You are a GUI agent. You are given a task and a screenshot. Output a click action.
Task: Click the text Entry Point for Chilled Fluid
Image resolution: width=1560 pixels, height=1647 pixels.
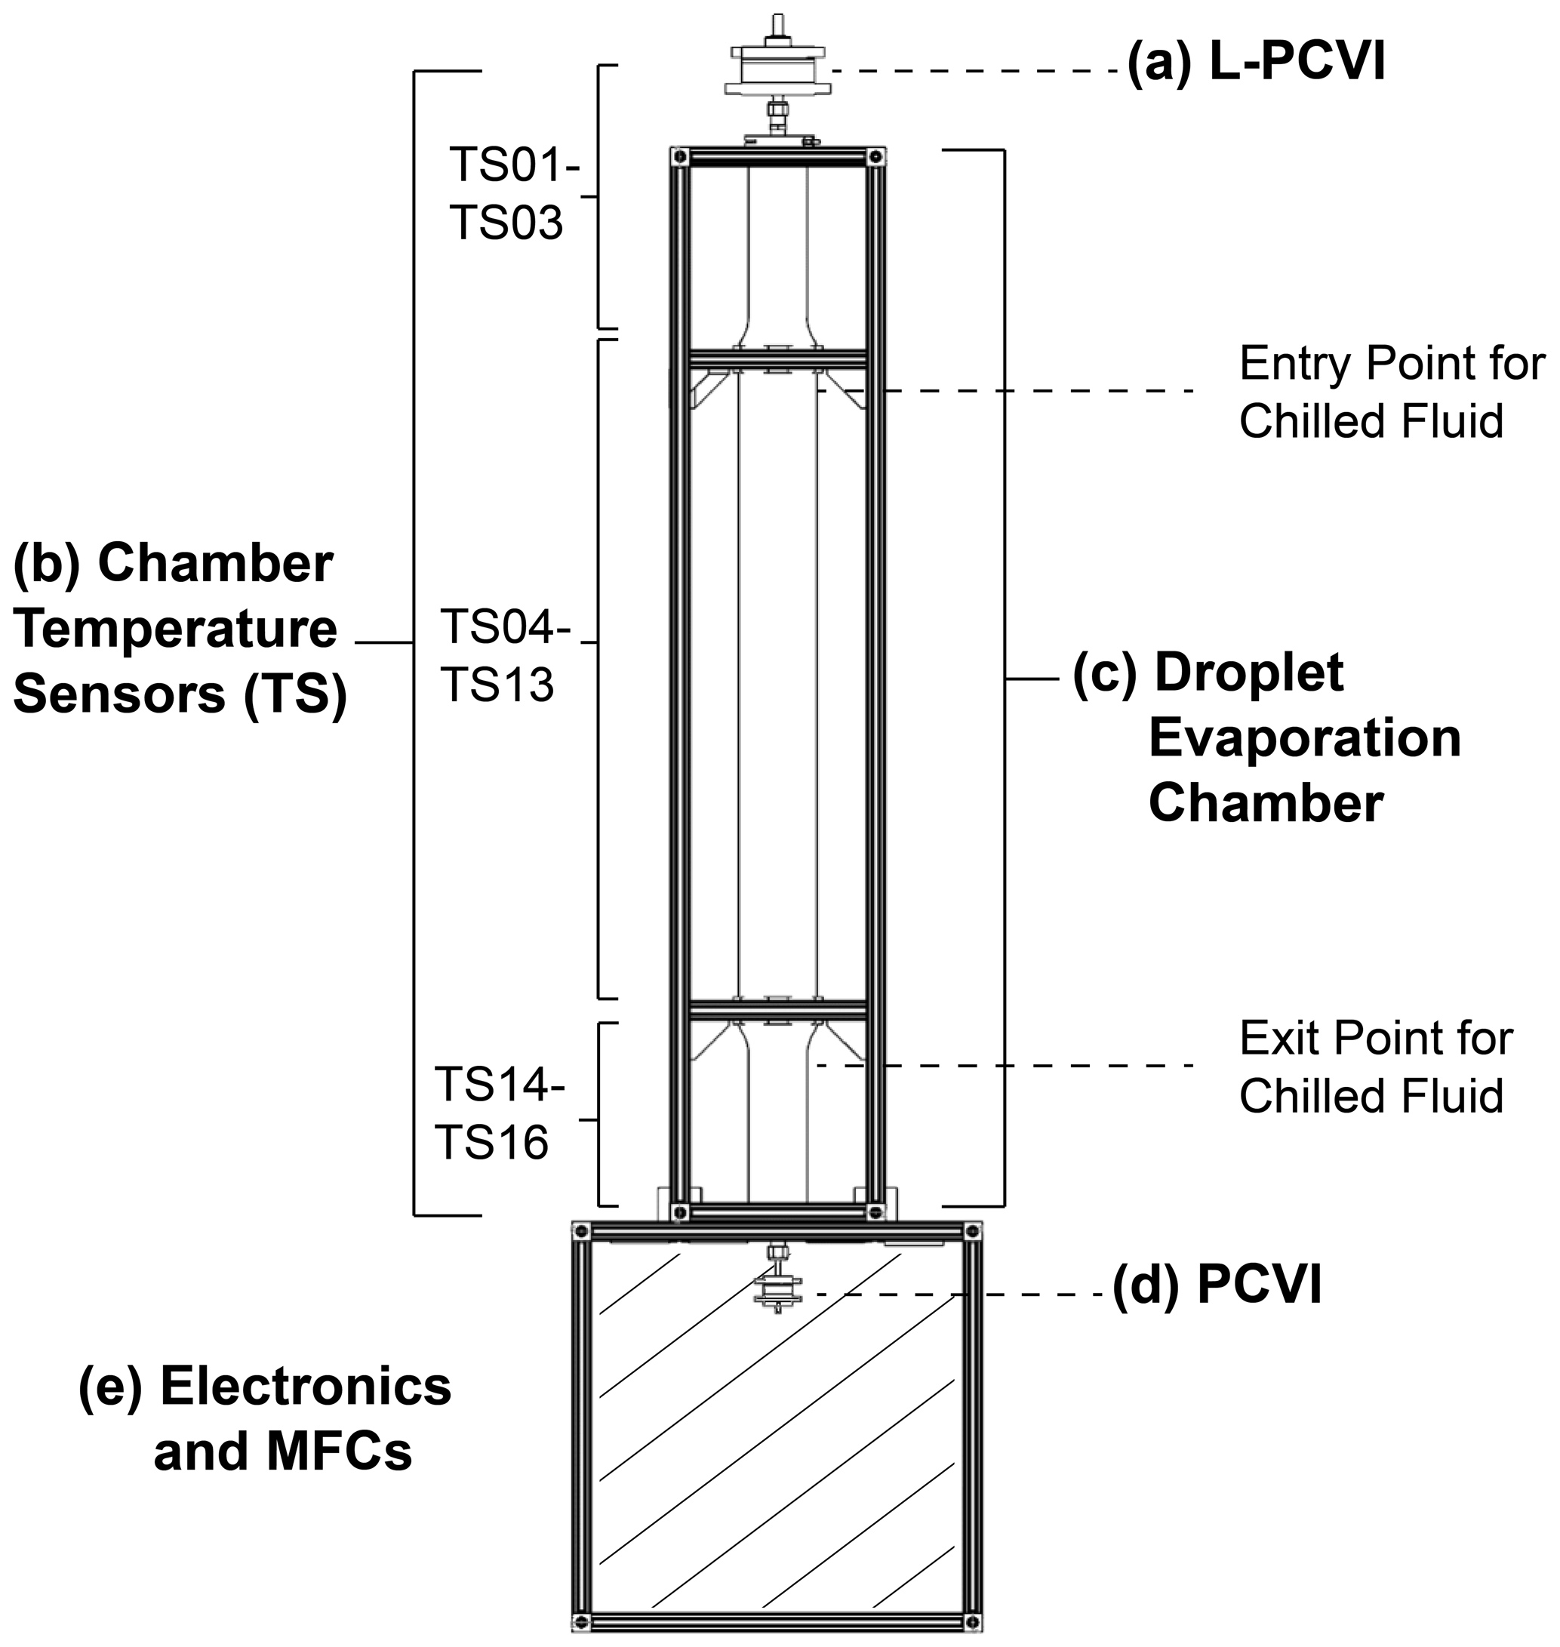[1390, 392]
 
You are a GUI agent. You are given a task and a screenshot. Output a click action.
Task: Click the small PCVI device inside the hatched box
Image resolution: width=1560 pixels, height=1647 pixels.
[777, 1290]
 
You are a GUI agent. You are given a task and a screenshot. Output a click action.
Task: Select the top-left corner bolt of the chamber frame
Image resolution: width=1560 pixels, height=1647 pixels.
[681, 156]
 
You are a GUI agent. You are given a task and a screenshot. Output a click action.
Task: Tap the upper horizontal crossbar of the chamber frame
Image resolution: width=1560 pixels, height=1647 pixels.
[777, 360]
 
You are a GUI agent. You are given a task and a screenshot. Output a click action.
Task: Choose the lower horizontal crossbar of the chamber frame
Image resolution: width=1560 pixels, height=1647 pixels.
[777, 1012]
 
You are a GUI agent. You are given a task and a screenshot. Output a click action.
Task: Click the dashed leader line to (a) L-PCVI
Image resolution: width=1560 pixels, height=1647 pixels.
[973, 72]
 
